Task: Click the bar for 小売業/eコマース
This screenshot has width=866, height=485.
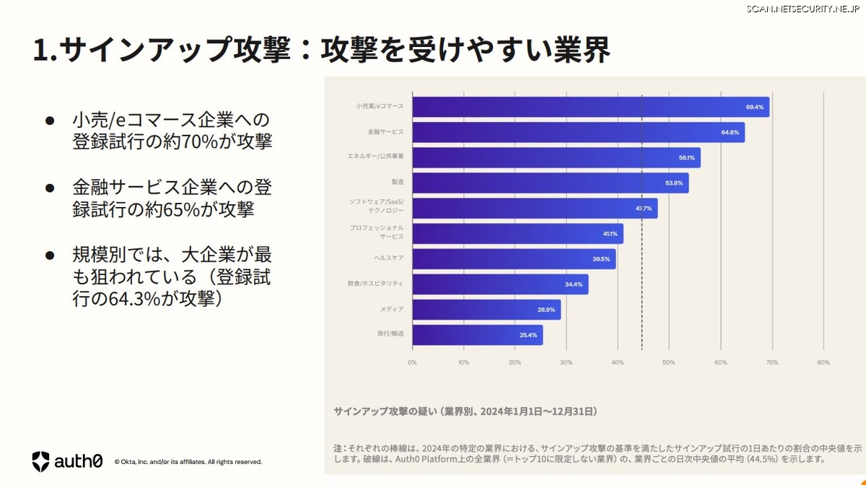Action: click(x=590, y=107)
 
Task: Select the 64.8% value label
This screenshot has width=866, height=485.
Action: click(x=730, y=132)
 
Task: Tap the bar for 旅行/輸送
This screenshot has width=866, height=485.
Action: click(x=477, y=335)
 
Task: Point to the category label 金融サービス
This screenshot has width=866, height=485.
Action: click(x=385, y=132)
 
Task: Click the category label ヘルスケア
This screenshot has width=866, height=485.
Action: click(x=387, y=258)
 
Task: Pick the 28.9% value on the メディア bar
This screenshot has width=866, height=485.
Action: click(x=546, y=310)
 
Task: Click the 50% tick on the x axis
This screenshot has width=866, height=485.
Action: click(x=669, y=362)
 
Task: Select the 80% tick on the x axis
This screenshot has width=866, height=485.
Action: click(x=823, y=362)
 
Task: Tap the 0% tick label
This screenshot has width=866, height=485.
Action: click(x=412, y=362)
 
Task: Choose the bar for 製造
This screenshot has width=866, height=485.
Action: click(x=550, y=183)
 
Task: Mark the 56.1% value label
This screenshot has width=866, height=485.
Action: click(x=686, y=157)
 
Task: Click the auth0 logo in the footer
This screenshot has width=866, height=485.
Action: click(x=67, y=461)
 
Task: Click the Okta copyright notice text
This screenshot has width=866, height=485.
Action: click(x=188, y=462)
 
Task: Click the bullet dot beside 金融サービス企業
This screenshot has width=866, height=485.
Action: click(x=50, y=188)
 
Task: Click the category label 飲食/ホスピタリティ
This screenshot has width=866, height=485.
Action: click(x=375, y=284)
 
